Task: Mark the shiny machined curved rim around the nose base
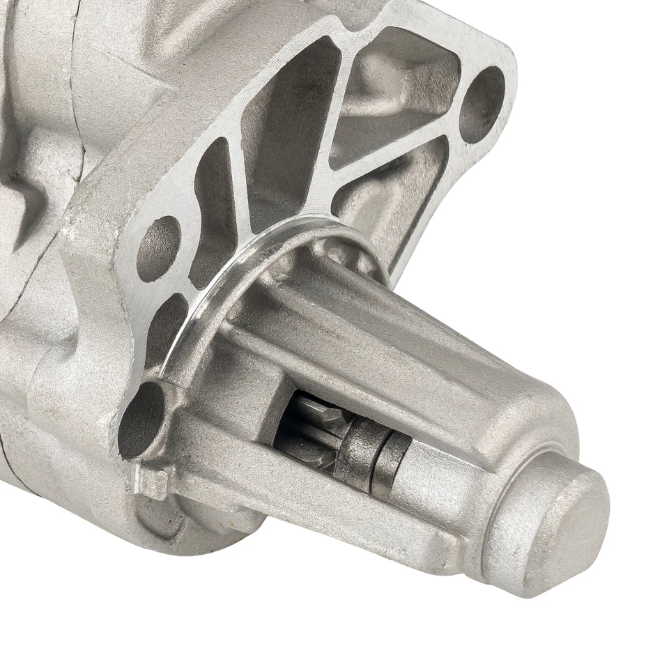click(230, 293)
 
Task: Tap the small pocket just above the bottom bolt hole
click(167, 328)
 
